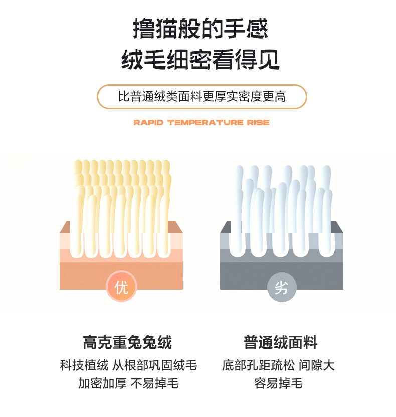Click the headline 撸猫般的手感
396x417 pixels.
click(x=201, y=29)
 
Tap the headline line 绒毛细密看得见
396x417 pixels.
click(x=201, y=60)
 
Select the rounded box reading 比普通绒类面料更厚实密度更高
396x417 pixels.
click(x=202, y=96)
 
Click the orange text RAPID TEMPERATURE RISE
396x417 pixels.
click(x=202, y=122)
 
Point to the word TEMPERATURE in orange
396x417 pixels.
click(x=206, y=122)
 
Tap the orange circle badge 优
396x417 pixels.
click(x=121, y=287)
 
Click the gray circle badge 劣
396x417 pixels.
click(x=282, y=287)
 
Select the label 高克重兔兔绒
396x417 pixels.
click(x=127, y=342)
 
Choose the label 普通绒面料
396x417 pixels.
click(x=281, y=342)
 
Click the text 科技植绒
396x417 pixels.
click(x=84, y=365)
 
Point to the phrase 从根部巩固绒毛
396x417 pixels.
click(x=154, y=365)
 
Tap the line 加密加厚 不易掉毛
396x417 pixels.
click(x=128, y=383)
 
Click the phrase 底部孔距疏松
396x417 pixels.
click(x=259, y=365)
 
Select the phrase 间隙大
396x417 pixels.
click(x=317, y=365)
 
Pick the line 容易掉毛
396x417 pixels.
click(x=278, y=383)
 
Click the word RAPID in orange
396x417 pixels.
click(x=148, y=122)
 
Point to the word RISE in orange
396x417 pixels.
click(x=258, y=122)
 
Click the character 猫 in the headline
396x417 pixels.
click(x=166, y=29)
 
